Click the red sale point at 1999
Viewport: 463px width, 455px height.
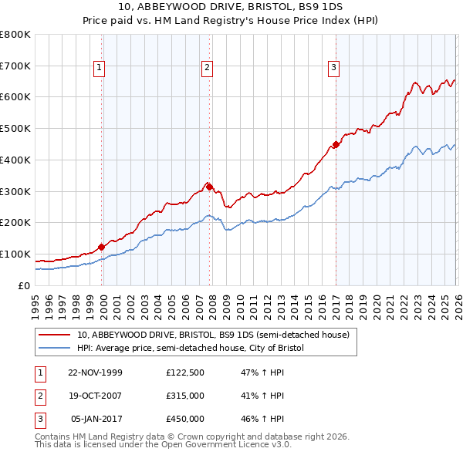tap(102, 247)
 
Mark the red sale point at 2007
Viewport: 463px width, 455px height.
tap(209, 186)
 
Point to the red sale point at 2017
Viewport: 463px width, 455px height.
tap(336, 143)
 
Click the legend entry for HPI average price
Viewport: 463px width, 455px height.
tap(191, 349)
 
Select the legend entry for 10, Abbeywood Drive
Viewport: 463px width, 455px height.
tap(213, 335)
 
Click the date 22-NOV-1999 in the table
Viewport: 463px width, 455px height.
tap(95, 372)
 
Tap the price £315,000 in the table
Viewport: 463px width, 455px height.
tap(185, 396)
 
